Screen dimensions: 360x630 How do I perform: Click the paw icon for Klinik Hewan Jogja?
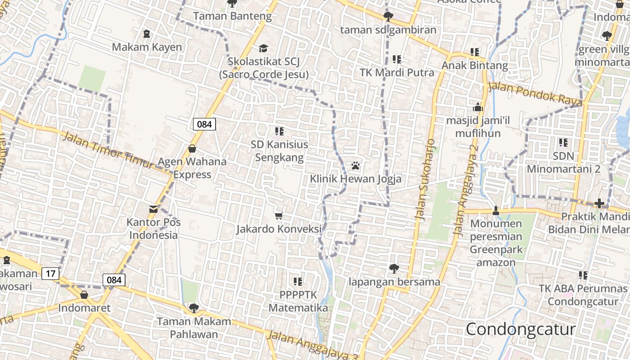[355, 166]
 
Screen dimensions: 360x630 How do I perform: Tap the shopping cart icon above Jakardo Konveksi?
[279, 216]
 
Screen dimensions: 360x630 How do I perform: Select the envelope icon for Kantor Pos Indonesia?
[153, 209]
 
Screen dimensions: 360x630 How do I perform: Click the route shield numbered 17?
[50, 273]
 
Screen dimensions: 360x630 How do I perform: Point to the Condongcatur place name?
[521, 329]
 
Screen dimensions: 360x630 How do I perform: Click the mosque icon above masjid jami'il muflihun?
[477, 107]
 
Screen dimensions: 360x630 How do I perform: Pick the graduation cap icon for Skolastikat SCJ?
[263, 48]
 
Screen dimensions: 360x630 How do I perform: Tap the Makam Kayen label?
[147, 47]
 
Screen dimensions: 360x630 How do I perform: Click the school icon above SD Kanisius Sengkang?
[279, 131]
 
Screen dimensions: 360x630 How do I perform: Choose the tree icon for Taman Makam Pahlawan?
[194, 308]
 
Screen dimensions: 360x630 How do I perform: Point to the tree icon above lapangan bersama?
[394, 269]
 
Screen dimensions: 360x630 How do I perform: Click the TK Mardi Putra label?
[397, 72]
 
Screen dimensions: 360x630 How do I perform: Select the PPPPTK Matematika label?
[298, 301]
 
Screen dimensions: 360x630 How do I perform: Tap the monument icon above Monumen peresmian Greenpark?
[496, 210]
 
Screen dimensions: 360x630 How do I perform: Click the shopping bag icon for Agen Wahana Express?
[192, 148]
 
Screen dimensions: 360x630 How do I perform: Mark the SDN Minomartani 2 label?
[563, 162]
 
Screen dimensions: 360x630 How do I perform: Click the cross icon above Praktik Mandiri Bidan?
[599, 203]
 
